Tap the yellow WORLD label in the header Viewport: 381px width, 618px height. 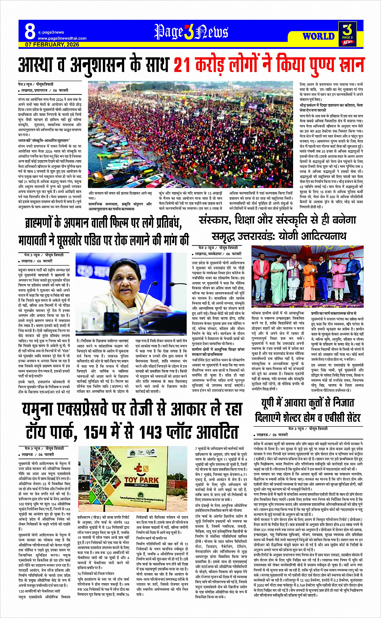click(319, 36)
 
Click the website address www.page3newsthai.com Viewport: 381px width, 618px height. click(62, 38)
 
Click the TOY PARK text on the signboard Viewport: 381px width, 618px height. click(142, 480)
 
